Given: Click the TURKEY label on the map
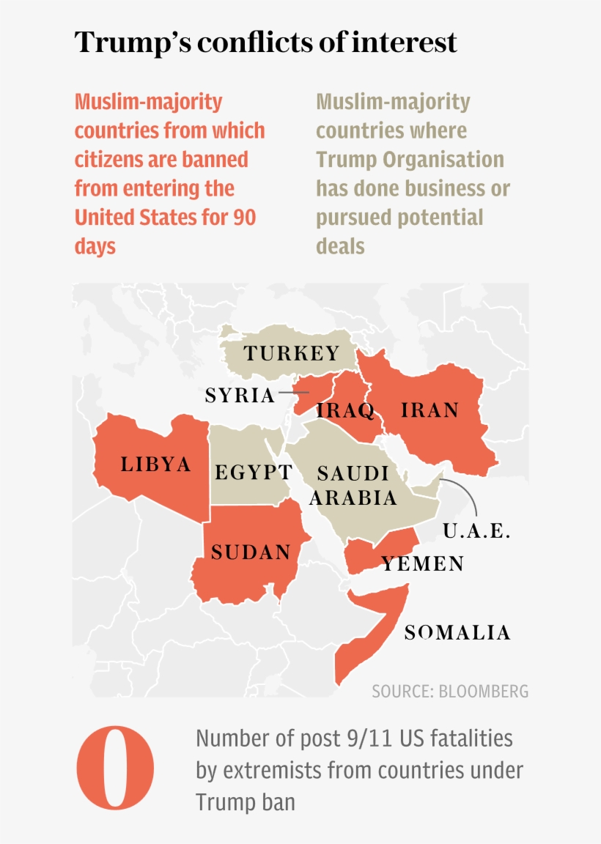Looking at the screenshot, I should tap(292, 354).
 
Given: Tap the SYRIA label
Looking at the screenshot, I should tap(240, 396).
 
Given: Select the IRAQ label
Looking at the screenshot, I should tap(345, 410).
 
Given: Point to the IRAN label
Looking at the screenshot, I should tap(429, 410).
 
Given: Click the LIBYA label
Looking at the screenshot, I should tap(156, 464).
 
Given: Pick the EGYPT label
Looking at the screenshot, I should tap(254, 473).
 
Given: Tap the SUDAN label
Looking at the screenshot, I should tap(251, 552).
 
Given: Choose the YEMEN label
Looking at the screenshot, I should tap(422, 563).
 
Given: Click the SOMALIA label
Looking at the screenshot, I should tap(457, 632).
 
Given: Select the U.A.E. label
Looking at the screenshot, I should tap(476, 531).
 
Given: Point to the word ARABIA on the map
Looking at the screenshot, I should tap(353, 498).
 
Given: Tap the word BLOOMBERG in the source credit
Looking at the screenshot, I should tap(483, 692).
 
